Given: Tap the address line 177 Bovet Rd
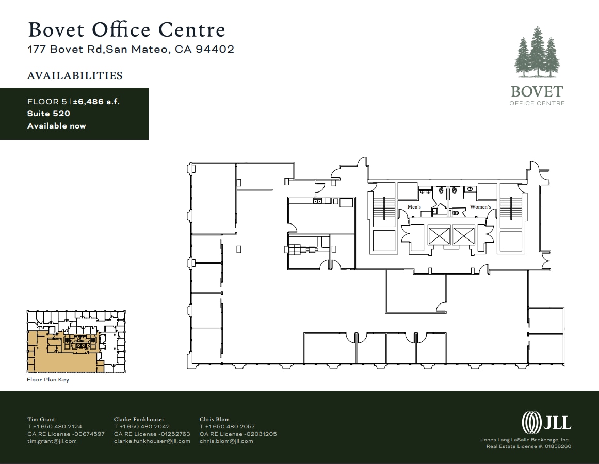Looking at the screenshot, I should [131, 50].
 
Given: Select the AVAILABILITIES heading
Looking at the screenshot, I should [75, 76].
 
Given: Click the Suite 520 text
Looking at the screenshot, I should [48, 114].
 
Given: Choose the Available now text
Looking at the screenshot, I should [57, 126].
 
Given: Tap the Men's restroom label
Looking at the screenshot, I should [414, 207].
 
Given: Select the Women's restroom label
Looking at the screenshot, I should [480, 207].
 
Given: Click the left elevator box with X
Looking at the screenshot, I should [439, 235].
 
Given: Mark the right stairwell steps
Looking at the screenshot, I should [511, 209].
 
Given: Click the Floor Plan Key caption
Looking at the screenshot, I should [48, 380].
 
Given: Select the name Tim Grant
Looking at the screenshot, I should [41, 419].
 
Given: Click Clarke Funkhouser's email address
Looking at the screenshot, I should [152, 441].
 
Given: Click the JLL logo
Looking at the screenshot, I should [546, 423].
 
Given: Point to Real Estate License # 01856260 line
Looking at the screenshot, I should [529, 446].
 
